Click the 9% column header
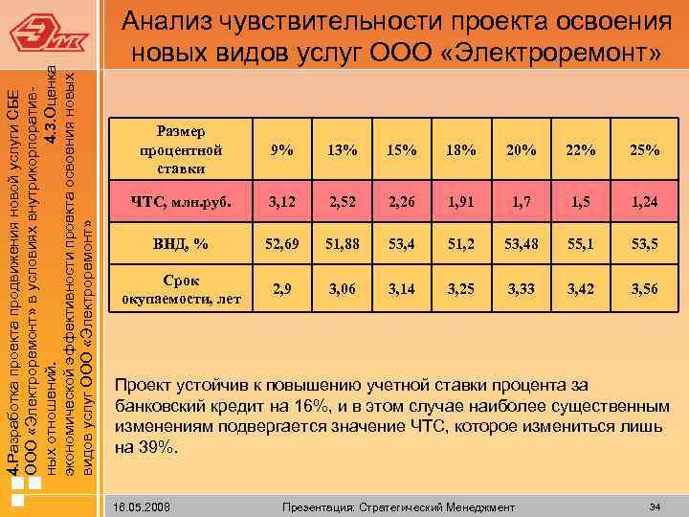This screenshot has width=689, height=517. coord(281,150)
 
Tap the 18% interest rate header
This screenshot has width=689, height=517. coord(461,150)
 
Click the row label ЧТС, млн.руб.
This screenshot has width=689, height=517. coord(181,201)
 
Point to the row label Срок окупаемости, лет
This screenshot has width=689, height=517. coord(181,288)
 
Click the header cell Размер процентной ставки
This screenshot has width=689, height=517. coord(181,150)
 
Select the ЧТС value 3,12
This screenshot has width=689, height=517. coord(281,201)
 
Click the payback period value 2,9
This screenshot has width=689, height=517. coord(281,288)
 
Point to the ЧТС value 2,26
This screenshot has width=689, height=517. coord(401,201)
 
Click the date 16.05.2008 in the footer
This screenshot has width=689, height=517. coord(140,506)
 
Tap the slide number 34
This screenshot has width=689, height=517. coord(655,505)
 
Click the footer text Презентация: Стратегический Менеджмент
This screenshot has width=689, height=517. coord(393,506)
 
